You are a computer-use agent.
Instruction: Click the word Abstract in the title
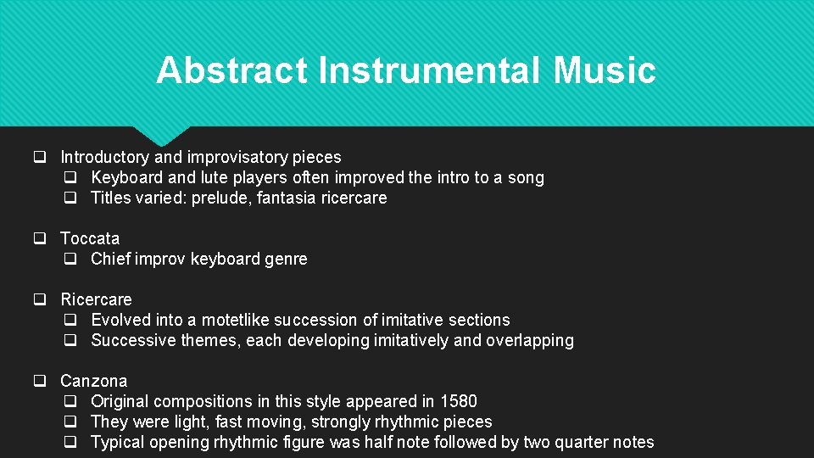231,70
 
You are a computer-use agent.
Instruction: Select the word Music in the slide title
605,70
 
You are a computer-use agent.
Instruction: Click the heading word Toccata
90,238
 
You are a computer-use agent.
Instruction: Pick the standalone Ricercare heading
96,299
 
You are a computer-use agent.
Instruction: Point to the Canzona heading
93,381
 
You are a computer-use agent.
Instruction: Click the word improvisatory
237,157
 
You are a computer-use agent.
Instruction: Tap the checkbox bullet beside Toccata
39,238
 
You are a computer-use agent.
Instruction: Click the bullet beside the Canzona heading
39,381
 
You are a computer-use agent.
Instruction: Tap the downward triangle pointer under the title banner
161,136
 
